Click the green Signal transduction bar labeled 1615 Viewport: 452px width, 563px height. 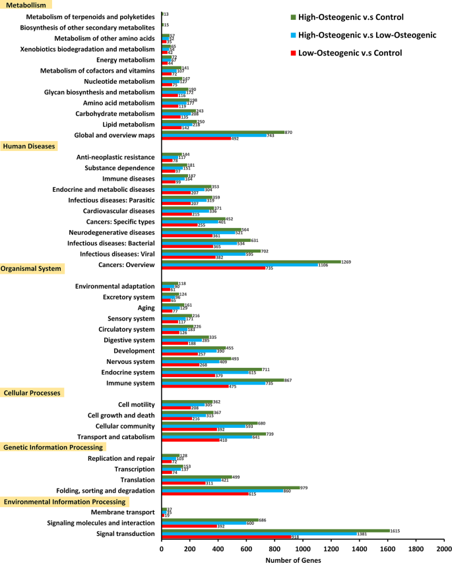click(275, 530)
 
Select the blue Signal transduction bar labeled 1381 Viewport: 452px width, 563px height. click(259, 533)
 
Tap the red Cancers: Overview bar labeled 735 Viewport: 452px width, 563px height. click(213, 268)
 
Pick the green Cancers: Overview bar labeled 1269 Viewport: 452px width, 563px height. click(251, 262)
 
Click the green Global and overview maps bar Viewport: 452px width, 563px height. click(223, 132)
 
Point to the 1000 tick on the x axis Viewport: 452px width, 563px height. click(303, 548)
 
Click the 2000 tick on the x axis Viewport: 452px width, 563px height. click(443, 548)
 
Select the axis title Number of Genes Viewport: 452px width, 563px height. click(294, 559)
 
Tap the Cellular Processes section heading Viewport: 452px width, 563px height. click(32, 393)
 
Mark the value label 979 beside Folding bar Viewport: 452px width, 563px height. click(304, 488)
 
